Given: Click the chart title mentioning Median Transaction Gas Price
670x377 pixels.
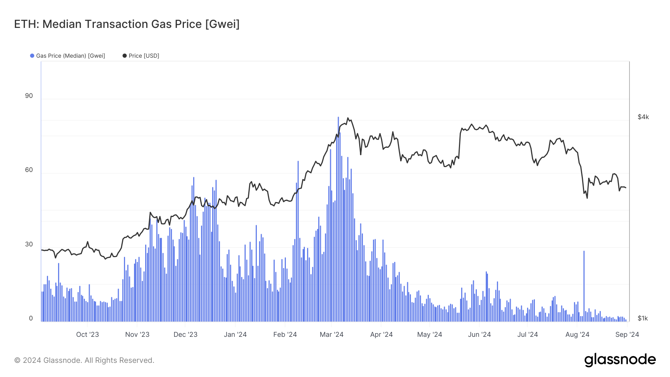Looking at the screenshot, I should pos(127,24).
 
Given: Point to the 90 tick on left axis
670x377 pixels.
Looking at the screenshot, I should pos(29,96).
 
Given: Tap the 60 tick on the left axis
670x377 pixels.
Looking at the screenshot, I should pos(29,170).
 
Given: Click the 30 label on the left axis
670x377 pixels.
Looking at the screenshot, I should pos(29,245).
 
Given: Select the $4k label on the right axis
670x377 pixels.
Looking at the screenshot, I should pos(643,117).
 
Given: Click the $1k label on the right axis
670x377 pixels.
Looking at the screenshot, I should pos(642,319).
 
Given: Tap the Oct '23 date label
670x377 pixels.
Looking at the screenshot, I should pos(87,335).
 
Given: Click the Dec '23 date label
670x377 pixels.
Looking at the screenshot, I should pos(185,335).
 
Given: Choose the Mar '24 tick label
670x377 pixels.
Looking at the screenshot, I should pos(331,335).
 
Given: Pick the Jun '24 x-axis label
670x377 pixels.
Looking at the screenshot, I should pos(479,335).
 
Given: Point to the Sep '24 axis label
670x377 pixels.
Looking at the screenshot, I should pos(627,335).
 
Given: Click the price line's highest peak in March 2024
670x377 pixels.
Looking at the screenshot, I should pos(348,118).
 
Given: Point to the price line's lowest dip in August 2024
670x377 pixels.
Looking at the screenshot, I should pos(587,198).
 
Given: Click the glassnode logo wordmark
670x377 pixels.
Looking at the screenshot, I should pos(620,360).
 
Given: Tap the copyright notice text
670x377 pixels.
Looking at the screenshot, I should pos(84,360).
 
